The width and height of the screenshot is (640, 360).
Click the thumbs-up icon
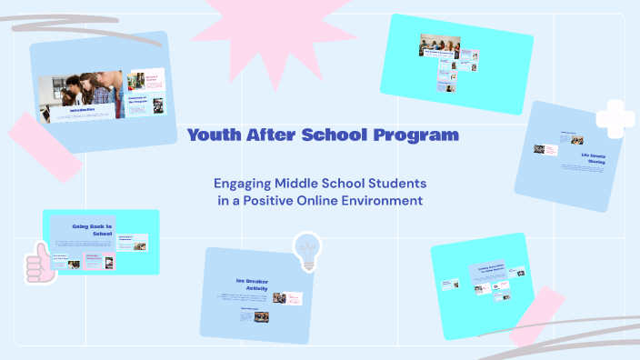37,263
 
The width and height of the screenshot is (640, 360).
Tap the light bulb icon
305,249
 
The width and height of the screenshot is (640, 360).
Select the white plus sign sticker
615,117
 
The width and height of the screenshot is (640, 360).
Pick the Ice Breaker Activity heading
254,284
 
